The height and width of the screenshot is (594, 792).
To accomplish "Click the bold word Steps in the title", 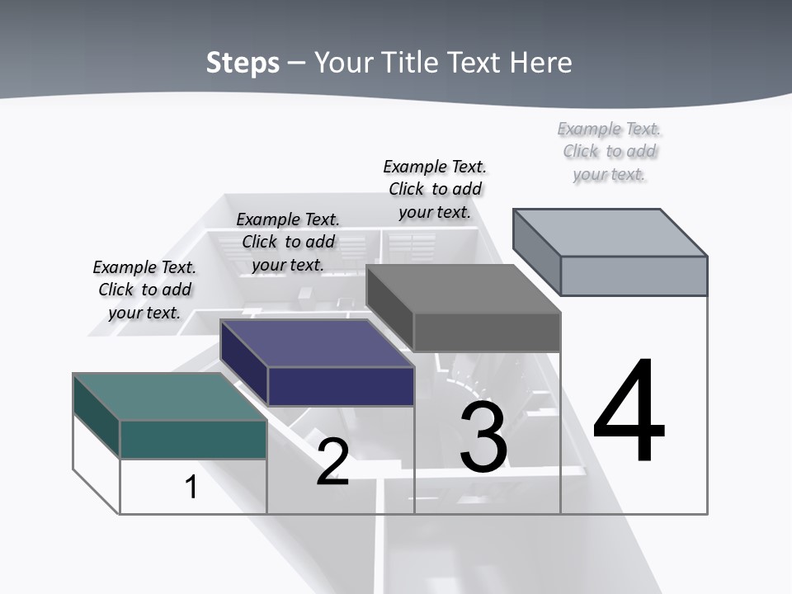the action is (x=243, y=63).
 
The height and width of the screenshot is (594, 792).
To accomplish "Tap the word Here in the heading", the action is (x=541, y=63).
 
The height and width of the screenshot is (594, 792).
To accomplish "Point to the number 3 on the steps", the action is (x=483, y=437).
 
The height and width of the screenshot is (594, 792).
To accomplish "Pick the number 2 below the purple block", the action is (x=332, y=462).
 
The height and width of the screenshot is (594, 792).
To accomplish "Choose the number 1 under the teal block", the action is (x=191, y=487).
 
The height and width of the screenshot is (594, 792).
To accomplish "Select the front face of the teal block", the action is (x=193, y=439).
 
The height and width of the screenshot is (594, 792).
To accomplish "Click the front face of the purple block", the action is (x=341, y=386).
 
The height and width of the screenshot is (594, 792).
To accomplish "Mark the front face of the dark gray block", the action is (x=487, y=332).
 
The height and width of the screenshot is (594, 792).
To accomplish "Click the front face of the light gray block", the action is (x=634, y=276).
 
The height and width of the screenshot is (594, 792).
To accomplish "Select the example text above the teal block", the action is (x=144, y=290).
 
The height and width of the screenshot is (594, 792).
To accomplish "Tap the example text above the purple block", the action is (x=288, y=242).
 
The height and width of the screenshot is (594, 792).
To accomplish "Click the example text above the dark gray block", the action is (x=435, y=189).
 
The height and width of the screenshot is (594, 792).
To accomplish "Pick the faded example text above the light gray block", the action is (x=610, y=151).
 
